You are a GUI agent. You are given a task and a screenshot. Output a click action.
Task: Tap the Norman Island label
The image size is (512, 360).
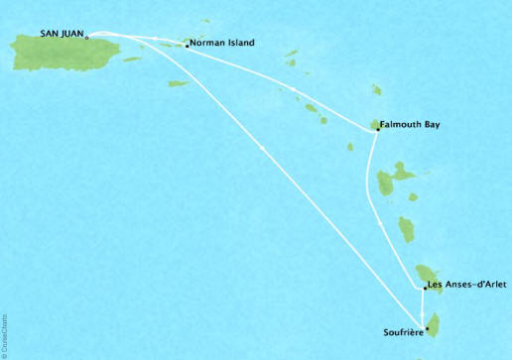coord(223,44)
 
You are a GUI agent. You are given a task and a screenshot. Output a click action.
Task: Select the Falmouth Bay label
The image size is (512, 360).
coord(410,125)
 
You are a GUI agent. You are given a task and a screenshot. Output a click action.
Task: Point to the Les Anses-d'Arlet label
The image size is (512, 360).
coord(468,287)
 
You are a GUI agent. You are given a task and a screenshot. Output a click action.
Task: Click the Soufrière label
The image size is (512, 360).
coord(403,331)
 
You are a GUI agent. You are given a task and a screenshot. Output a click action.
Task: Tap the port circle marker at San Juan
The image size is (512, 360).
coord(88,38)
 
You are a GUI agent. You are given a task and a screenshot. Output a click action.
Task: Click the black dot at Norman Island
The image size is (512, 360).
coord(187,45)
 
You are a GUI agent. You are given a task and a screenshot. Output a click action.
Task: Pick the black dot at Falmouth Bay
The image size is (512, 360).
coord(376,128)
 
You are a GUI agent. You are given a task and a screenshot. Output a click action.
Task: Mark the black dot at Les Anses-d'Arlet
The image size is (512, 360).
coord(424,288)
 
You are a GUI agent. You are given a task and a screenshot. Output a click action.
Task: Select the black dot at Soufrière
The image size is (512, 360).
coord(427,329)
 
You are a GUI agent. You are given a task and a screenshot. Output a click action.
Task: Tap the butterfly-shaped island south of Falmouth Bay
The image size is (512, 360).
coord(393,180)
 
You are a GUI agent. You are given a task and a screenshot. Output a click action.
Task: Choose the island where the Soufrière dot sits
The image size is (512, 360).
coord(432,322)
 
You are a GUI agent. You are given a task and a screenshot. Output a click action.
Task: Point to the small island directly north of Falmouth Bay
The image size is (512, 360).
coord(376,90)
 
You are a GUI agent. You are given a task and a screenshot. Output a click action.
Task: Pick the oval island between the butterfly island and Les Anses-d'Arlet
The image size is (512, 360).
coord(406,230)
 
